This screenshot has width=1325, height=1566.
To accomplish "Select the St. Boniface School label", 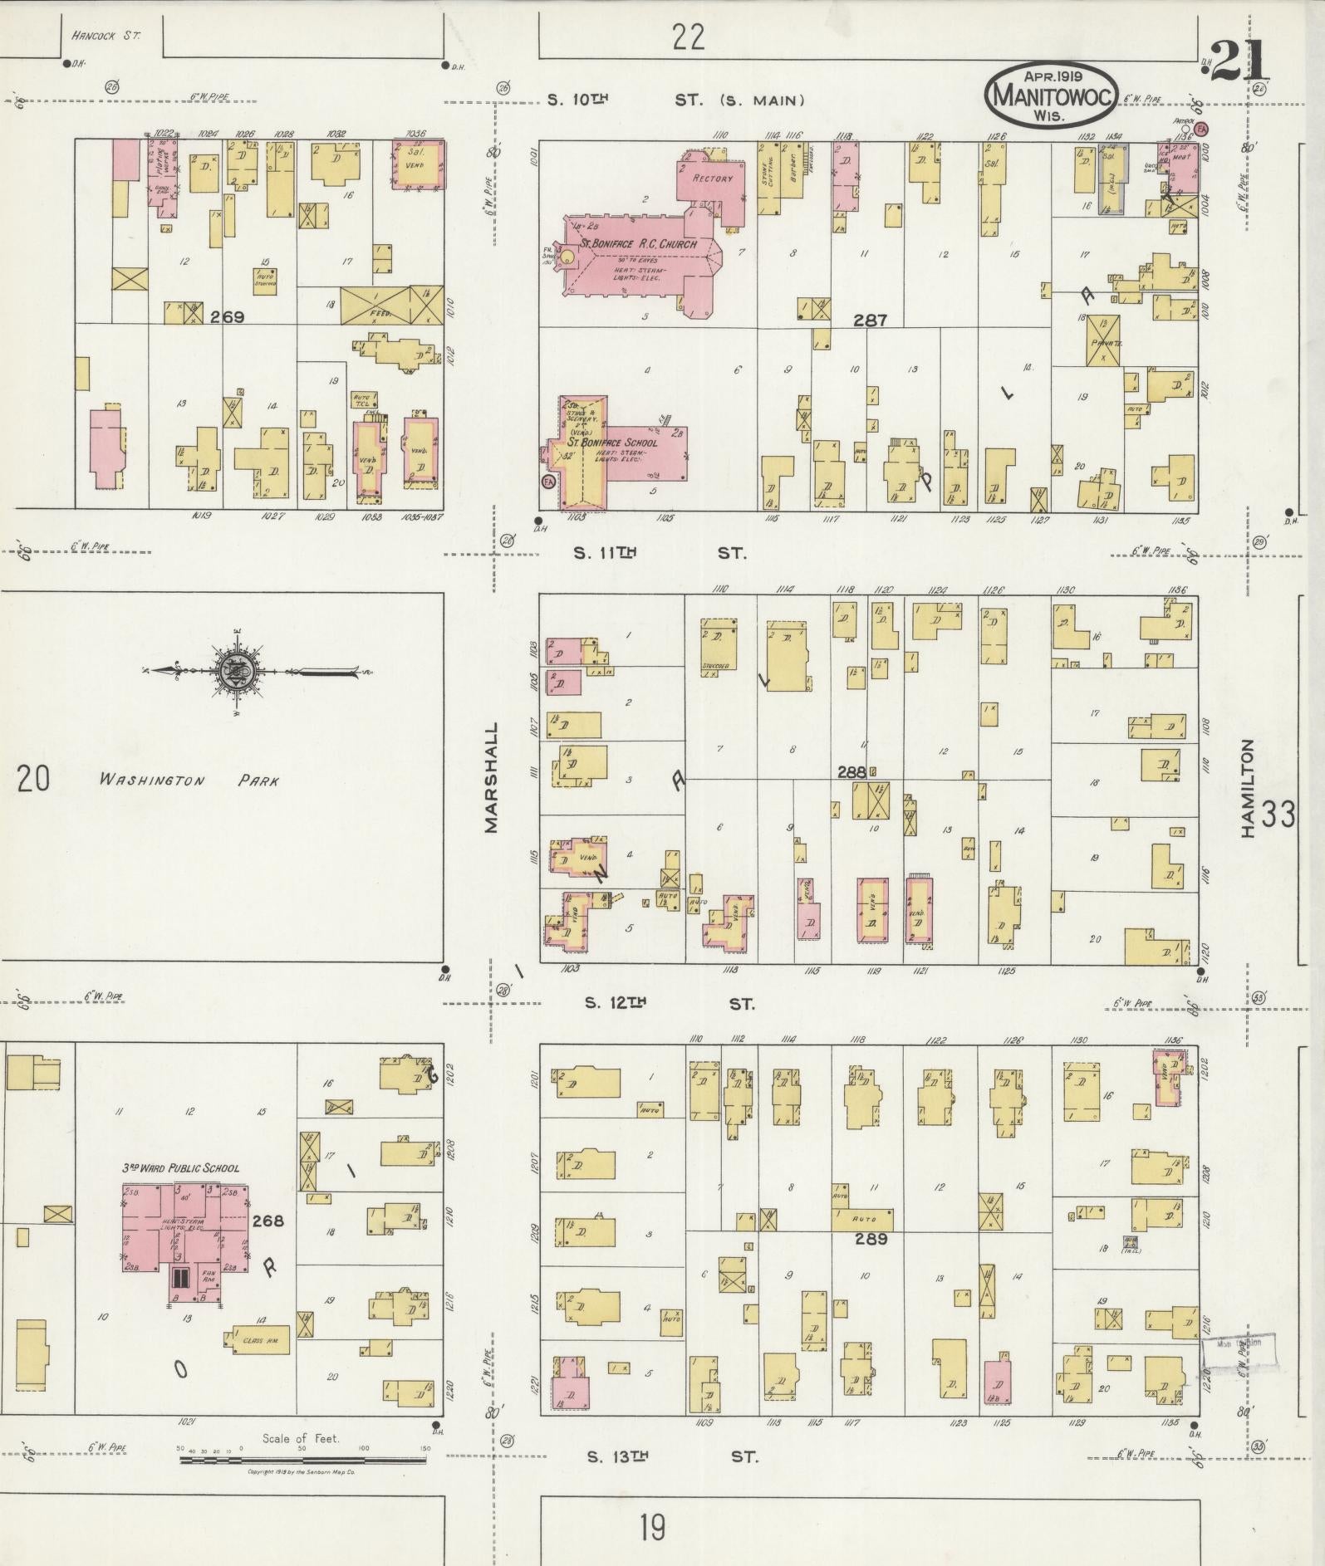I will click(x=612, y=443).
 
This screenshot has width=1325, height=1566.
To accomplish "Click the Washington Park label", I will click(x=189, y=781).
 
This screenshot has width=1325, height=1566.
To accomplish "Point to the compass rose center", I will click(x=231, y=671).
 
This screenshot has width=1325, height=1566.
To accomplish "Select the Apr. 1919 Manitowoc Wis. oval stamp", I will click(x=1052, y=95).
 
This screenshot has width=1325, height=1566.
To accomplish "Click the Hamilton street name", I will click(x=1247, y=789).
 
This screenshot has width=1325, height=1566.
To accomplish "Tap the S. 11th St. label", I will click(x=660, y=553).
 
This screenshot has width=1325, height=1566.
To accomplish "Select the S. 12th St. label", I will click(x=670, y=1003).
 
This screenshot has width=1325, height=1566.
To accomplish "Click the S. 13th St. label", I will click(x=671, y=1456).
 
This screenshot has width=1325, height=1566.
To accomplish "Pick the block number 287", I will click(x=870, y=320).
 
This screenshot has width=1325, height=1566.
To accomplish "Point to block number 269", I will click(x=226, y=316).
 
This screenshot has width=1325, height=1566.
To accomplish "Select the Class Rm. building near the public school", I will click(x=259, y=1340).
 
